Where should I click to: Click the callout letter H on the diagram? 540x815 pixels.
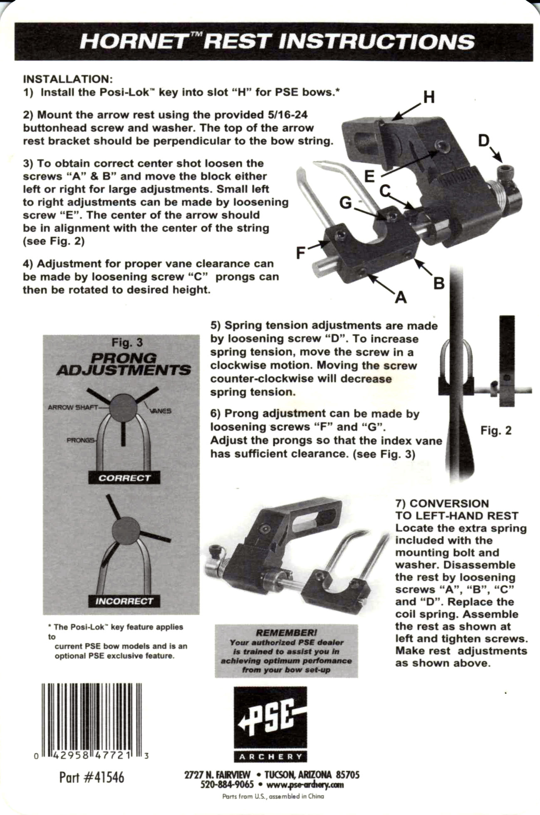[x=429, y=97]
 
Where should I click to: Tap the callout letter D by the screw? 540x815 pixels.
[x=483, y=141]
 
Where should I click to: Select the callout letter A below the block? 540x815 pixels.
[x=400, y=297]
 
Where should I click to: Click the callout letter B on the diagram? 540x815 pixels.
[x=439, y=283]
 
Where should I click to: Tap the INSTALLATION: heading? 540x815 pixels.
[x=68, y=79]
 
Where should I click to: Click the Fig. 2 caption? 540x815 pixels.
[x=496, y=430]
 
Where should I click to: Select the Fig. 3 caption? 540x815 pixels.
[x=127, y=343]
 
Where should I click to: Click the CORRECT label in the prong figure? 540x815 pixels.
[x=124, y=478]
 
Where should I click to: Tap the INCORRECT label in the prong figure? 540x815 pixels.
[x=124, y=601]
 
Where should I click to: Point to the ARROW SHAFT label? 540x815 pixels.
[x=72, y=407]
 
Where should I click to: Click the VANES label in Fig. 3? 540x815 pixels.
[x=160, y=411]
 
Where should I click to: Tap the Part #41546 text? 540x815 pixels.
[x=92, y=777]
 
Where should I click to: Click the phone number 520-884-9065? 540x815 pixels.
[x=227, y=785]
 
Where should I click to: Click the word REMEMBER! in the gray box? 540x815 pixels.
[x=286, y=633]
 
